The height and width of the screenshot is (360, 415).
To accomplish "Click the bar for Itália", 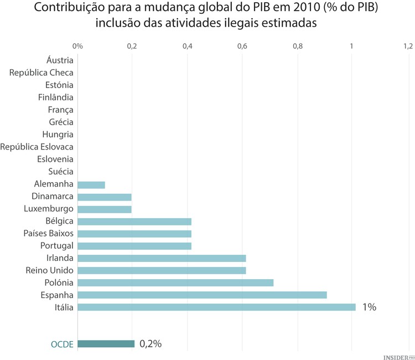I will coord(216,307).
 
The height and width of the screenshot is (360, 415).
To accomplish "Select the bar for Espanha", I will coord(202,295).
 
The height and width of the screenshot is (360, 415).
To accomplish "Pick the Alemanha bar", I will coord(91,184).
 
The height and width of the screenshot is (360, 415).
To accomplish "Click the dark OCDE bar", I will coord(106,344).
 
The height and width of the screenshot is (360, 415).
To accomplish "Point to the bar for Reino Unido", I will coord(162,270).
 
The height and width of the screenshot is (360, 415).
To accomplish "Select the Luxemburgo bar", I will coord(105,209).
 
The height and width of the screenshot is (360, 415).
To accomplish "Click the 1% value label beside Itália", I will coord(369,307).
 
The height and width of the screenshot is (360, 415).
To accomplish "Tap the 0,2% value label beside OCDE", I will coord(151,344).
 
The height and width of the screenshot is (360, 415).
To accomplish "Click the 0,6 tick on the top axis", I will coord(242,46).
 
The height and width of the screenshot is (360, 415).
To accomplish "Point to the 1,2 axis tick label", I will coord(408,46).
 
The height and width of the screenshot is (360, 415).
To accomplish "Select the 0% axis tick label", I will coord(77,46).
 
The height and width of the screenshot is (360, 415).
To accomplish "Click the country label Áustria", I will coord(60,60).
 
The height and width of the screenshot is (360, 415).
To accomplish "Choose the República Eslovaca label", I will coord(37,147).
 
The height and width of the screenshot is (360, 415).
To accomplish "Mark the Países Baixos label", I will coord(48,233).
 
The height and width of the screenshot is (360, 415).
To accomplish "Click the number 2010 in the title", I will coord(300,8).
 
